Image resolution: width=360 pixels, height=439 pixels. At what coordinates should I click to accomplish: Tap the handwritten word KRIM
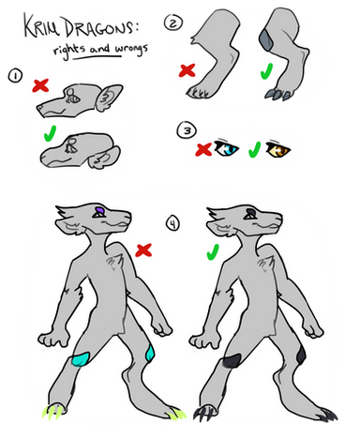pyautogui.click(x=42, y=25)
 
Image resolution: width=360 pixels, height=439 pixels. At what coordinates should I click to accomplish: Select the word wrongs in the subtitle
pyautogui.click(x=131, y=50)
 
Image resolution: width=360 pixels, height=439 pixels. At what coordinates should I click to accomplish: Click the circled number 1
pyautogui.click(x=15, y=76)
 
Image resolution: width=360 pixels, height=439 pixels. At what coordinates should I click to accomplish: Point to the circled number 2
pyautogui.click(x=173, y=23)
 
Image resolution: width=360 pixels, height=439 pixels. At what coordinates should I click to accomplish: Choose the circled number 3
pyautogui.click(x=187, y=130)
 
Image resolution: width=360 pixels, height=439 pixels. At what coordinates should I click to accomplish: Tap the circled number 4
pyautogui.click(x=172, y=223)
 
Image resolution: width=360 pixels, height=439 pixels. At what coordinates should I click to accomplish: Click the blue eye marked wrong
pyautogui.click(x=226, y=148)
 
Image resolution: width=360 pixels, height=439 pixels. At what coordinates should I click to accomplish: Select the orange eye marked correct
pyautogui.click(x=277, y=149)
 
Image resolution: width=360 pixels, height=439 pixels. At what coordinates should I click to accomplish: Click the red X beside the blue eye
pyautogui.click(x=203, y=149)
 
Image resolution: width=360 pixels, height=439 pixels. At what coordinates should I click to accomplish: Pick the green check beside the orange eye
pyautogui.click(x=255, y=149)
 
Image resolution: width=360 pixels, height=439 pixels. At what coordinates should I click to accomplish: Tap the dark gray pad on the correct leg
pyautogui.click(x=266, y=39)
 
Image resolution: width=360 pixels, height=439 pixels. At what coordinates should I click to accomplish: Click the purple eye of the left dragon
pyautogui.click(x=99, y=209)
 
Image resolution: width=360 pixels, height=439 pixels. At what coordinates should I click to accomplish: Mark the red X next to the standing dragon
pyautogui.click(x=143, y=250)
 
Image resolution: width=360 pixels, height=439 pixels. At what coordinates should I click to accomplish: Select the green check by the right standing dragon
pyautogui.click(x=213, y=252)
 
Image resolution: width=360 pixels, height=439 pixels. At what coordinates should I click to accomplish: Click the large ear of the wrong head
pyautogui.click(x=108, y=98)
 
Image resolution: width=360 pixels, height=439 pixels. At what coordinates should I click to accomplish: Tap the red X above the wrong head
pyautogui.click(x=40, y=85)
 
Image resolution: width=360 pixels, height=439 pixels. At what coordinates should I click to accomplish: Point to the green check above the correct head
pyautogui.click(x=51, y=133)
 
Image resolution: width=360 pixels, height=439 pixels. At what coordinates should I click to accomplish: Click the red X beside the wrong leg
pyautogui.click(x=187, y=70)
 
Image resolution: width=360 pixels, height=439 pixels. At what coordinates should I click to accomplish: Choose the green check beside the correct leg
pyautogui.click(x=266, y=71)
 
